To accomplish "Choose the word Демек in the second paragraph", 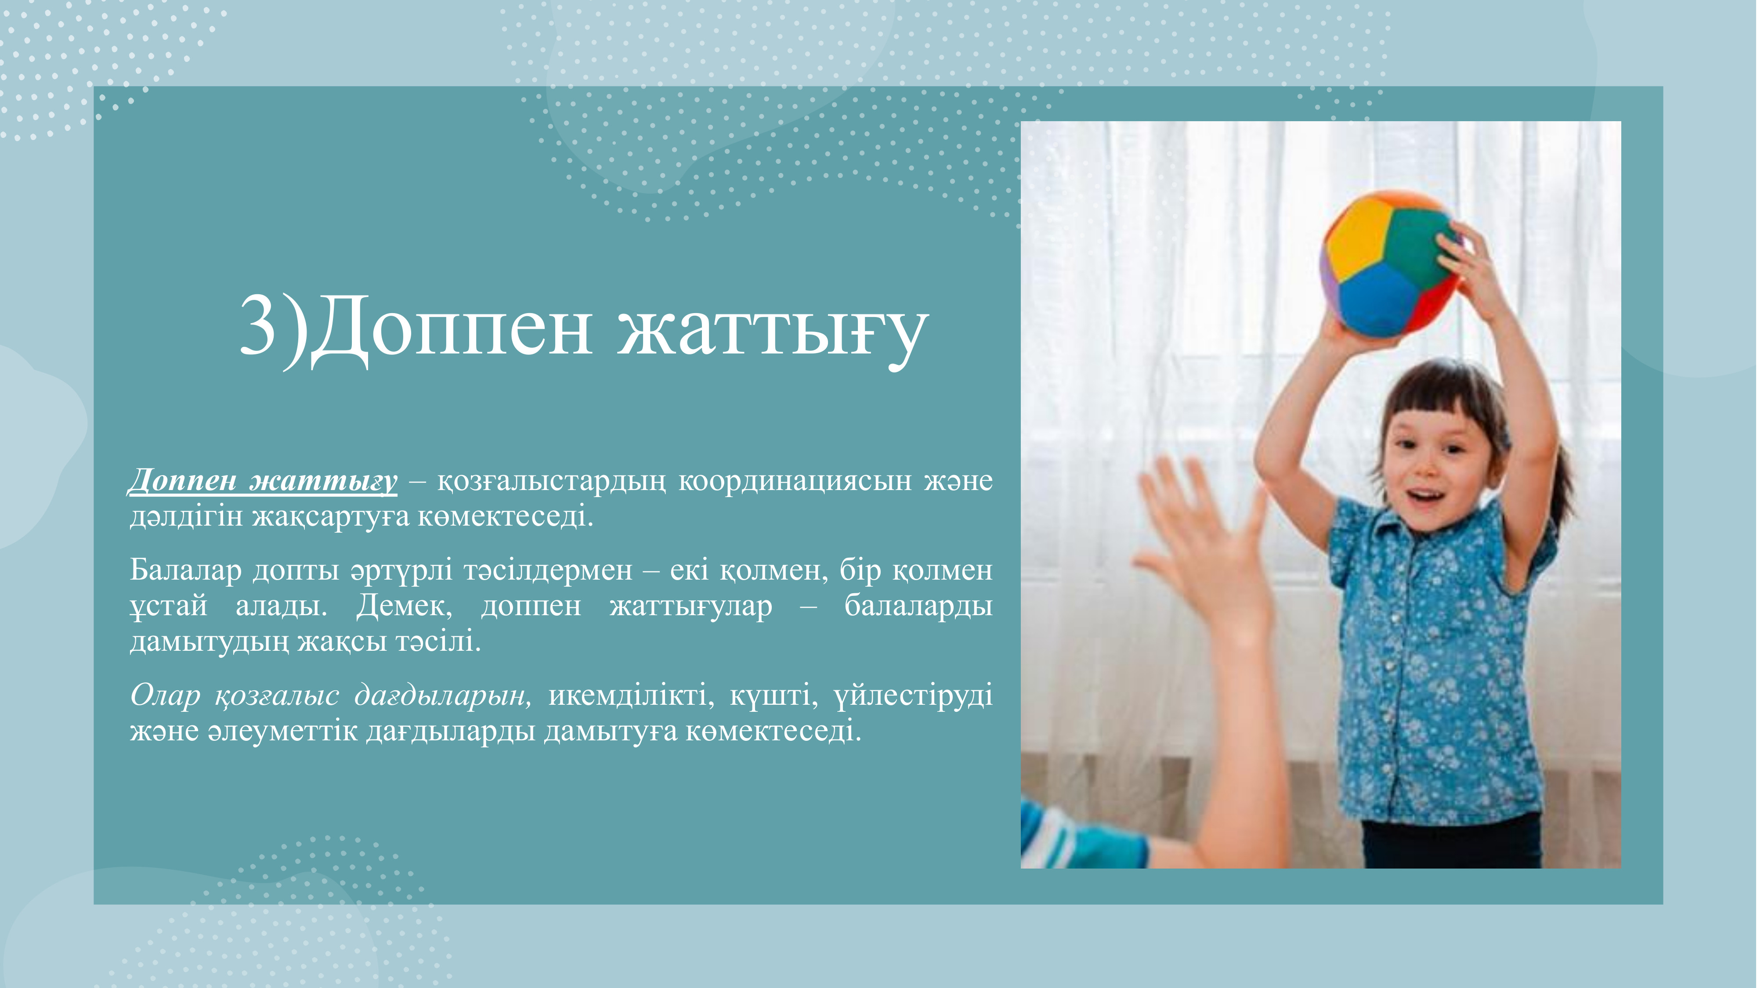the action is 404,606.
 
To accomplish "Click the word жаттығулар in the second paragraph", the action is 691,606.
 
